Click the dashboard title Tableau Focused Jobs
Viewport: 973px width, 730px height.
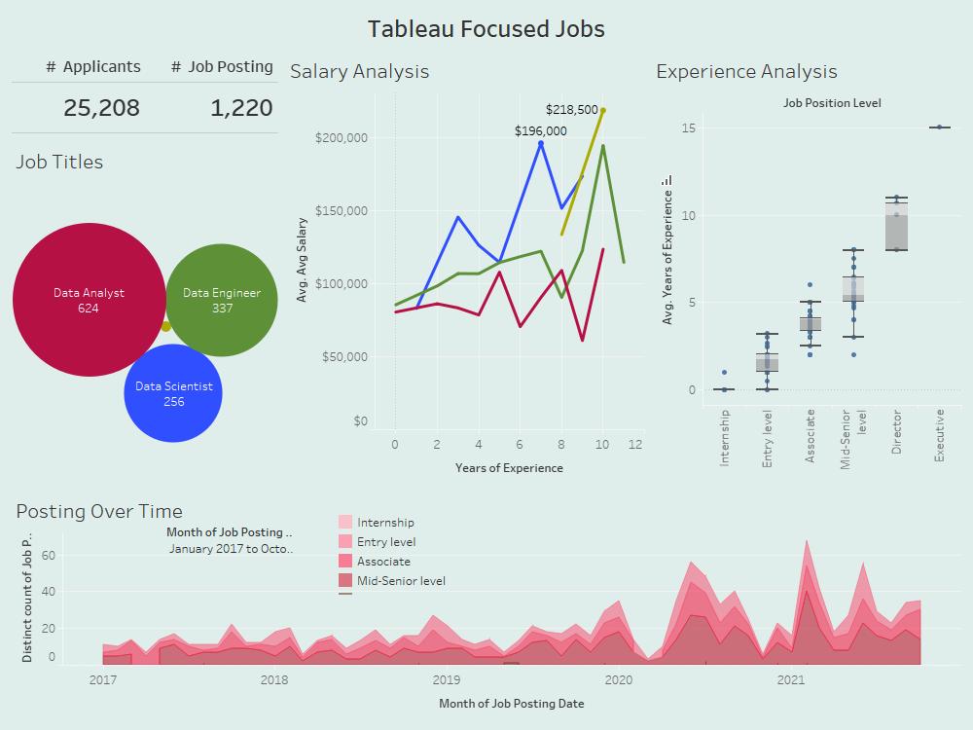click(486, 29)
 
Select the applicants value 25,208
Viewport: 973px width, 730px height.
click(101, 108)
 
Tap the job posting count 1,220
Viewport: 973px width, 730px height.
click(241, 108)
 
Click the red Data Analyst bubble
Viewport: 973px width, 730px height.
click(89, 300)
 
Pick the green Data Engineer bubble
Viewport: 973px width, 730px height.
click(222, 300)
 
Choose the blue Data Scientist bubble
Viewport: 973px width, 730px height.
click(174, 393)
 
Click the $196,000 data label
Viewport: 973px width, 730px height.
click(540, 130)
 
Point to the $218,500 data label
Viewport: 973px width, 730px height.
click(571, 110)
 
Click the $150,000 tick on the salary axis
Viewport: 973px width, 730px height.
click(341, 210)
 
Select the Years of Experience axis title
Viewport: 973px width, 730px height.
click(509, 468)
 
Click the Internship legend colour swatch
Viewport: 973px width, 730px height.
click(345, 523)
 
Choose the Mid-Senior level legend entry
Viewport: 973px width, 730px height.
click(401, 581)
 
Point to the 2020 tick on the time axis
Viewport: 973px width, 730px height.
click(618, 679)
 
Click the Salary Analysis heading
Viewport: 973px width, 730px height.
click(359, 71)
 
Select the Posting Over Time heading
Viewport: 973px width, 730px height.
click(99, 511)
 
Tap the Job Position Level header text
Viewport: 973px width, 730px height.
click(832, 102)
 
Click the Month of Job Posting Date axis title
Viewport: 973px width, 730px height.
click(511, 703)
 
